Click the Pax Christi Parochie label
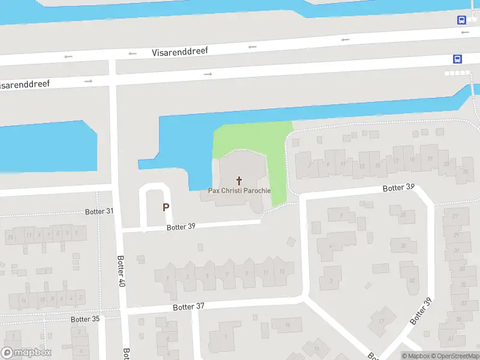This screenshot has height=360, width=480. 239,191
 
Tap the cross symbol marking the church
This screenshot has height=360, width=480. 239,180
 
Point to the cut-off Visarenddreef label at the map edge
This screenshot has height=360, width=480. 24,85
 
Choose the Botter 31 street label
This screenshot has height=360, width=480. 99,211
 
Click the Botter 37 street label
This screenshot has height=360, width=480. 188,307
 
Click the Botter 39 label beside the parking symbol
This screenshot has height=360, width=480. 181,227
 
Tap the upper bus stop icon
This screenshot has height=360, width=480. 462,20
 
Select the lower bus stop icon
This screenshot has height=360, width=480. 457,59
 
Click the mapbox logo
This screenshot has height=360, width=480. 26,353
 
